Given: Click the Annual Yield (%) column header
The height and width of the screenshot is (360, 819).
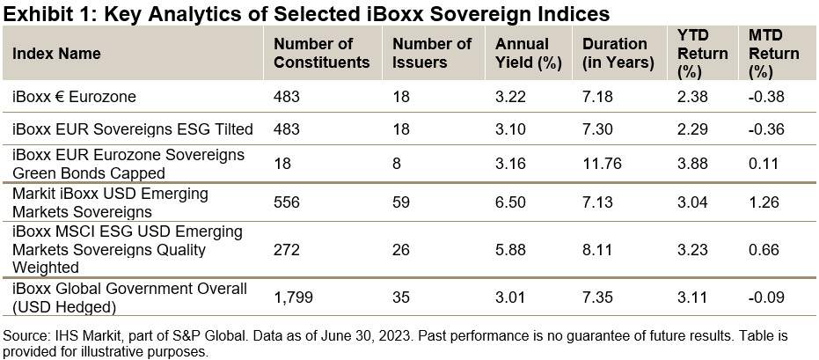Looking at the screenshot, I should coord(522,53).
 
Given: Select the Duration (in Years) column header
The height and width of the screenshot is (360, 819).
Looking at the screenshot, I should coord(618,53).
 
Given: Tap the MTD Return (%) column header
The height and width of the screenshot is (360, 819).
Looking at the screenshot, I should coord(773,53).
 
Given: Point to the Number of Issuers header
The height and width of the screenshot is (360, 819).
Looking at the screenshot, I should coord(432,53).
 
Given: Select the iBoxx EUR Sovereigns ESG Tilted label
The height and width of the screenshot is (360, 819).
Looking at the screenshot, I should coord(133,129).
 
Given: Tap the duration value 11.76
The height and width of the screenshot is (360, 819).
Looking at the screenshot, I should coord(603,162).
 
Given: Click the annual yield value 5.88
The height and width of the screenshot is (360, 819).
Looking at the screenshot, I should coord(511,250).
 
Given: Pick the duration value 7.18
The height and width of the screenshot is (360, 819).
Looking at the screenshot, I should coord(598,95).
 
